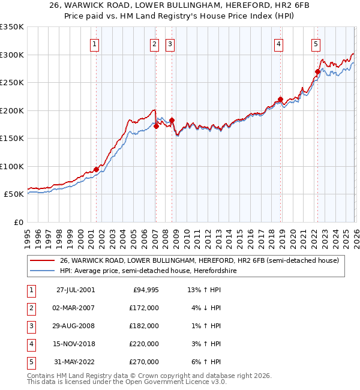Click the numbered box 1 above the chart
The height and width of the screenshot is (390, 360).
coord(95,43)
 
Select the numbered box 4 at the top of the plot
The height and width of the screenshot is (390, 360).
coord(279,43)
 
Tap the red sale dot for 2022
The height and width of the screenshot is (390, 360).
coord(317,71)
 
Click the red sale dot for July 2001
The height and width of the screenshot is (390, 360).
coord(96,169)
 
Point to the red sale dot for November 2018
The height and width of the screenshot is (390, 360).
coord(280,100)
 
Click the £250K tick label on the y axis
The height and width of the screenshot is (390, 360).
coord(12,83)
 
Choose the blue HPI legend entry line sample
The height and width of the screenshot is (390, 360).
coord(43,271)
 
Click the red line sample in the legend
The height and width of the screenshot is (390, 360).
coord(43,260)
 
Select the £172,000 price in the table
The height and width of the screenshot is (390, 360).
coord(143,307)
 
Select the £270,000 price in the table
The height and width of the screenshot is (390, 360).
coord(143,361)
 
